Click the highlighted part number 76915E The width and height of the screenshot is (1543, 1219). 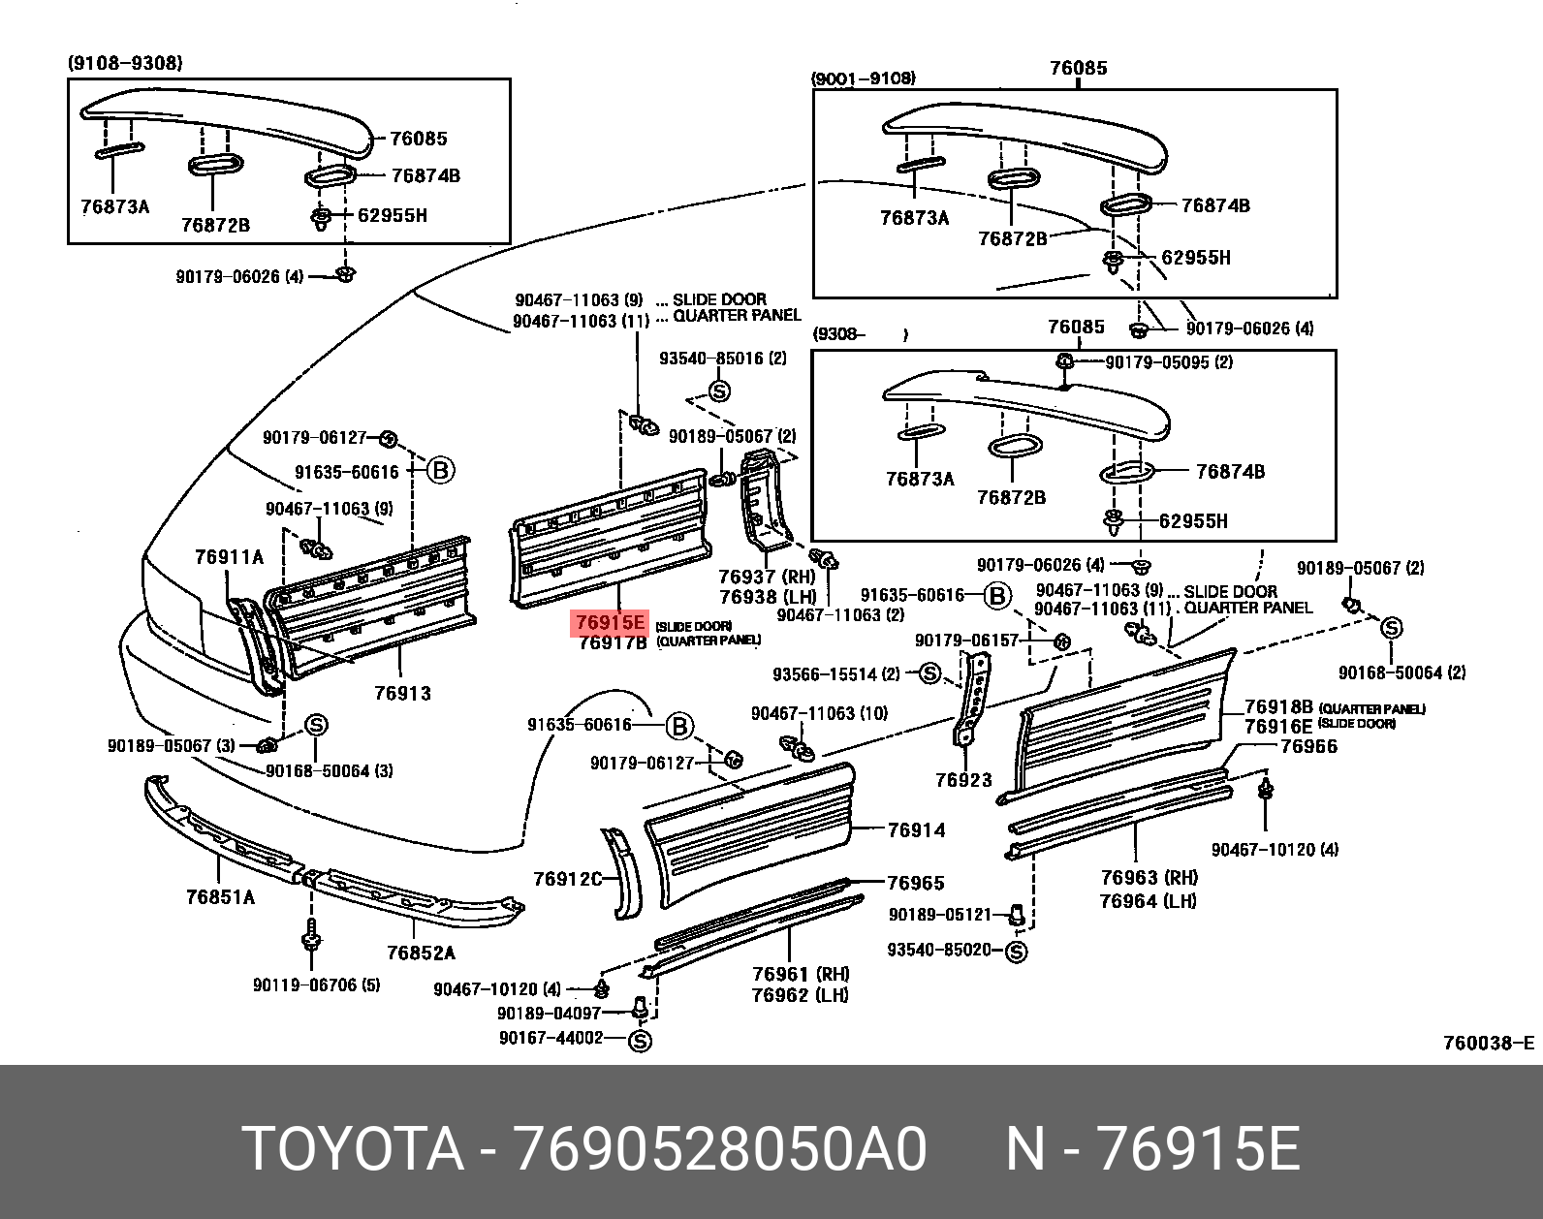click(x=610, y=622)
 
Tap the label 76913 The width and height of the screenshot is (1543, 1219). click(x=402, y=694)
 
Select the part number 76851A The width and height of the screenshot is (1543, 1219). click(x=220, y=897)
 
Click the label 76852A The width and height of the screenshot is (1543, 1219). click(x=421, y=953)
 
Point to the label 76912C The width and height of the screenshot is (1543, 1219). click(x=567, y=879)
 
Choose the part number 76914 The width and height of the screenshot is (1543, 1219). click(x=916, y=830)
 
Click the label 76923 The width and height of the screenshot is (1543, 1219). click(x=963, y=779)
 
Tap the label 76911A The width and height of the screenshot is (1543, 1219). click(x=229, y=557)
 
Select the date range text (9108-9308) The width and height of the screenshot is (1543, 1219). click(x=124, y=63)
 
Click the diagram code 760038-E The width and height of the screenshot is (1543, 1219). click(x=1488, y=1044)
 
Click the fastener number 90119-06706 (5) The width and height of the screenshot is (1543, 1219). click(x=316, y=985)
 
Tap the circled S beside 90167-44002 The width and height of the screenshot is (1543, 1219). click(x=640, y=1041)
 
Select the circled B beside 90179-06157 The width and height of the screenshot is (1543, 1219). click(x=997, y=596)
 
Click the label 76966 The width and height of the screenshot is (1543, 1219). click(x=1308, y=746)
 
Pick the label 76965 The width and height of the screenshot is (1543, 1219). click(x=916, y=883)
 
